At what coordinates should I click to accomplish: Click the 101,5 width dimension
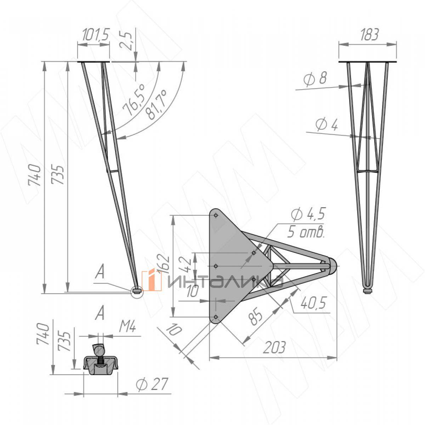pyautogui.click(x=96, y=35)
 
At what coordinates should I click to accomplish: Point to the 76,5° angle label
pyautogui.click(x=134, y=100)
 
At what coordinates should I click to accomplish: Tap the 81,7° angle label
pyautogui.click(x=156, y=105)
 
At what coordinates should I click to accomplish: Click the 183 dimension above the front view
pyautogui.click(x=369, y=35)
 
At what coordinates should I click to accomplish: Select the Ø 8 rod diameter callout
pyautogui.click(x=315, y=79)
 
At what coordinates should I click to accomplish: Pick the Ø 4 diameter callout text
pyautogui.click(x=327, y=125)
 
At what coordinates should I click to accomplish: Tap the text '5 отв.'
pyautogui.click(x=306, y=232)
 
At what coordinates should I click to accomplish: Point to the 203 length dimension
pyautogui.click(x=274, y=347)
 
